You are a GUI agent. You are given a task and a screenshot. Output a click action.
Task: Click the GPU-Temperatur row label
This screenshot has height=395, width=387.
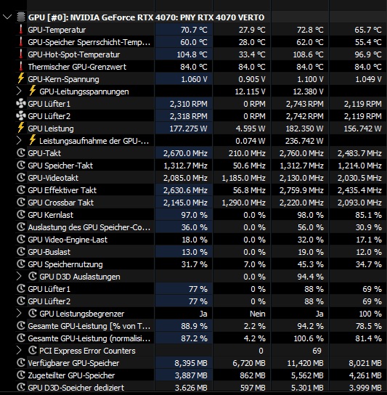pyautogui.click(x=57, y=30)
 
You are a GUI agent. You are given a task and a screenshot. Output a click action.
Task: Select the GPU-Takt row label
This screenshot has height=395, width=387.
pyautogui.click(x=44, y=153)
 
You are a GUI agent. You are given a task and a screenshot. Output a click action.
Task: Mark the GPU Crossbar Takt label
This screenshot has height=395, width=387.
pyautogui.click(x=61, y=203)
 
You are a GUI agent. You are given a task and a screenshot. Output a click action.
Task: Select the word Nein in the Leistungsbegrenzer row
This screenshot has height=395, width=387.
pyautogui.click(x=257, y=314)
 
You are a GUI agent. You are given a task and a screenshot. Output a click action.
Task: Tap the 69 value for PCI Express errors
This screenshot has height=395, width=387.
pyautogui.click(x=317, y=351)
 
